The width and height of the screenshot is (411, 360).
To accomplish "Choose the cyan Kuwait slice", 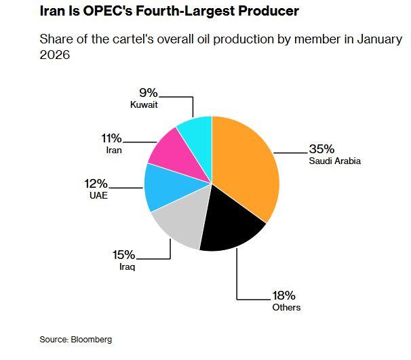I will tap(197, 130).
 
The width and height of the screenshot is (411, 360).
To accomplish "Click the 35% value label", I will tap(321, 149).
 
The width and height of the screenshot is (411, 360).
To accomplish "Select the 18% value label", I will tap(283, 295).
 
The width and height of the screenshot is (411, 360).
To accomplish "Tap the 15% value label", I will tap(123, 255).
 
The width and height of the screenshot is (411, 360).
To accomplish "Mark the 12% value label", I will tap(96, 183).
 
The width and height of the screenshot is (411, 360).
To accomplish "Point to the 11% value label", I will tap(111, 138).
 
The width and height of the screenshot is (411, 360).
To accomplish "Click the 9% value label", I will tap(149, 93).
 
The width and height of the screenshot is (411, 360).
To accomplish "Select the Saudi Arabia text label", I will tap(335, 161).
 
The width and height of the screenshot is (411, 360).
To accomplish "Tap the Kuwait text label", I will tap(144, 105).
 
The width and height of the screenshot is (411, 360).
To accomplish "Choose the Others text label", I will tap(286, 307).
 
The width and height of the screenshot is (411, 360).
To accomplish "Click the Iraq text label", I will tap(127, 267).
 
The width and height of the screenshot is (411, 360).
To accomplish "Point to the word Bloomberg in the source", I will tap(91, 339).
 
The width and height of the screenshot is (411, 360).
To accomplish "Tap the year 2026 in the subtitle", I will tap(55, 55).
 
